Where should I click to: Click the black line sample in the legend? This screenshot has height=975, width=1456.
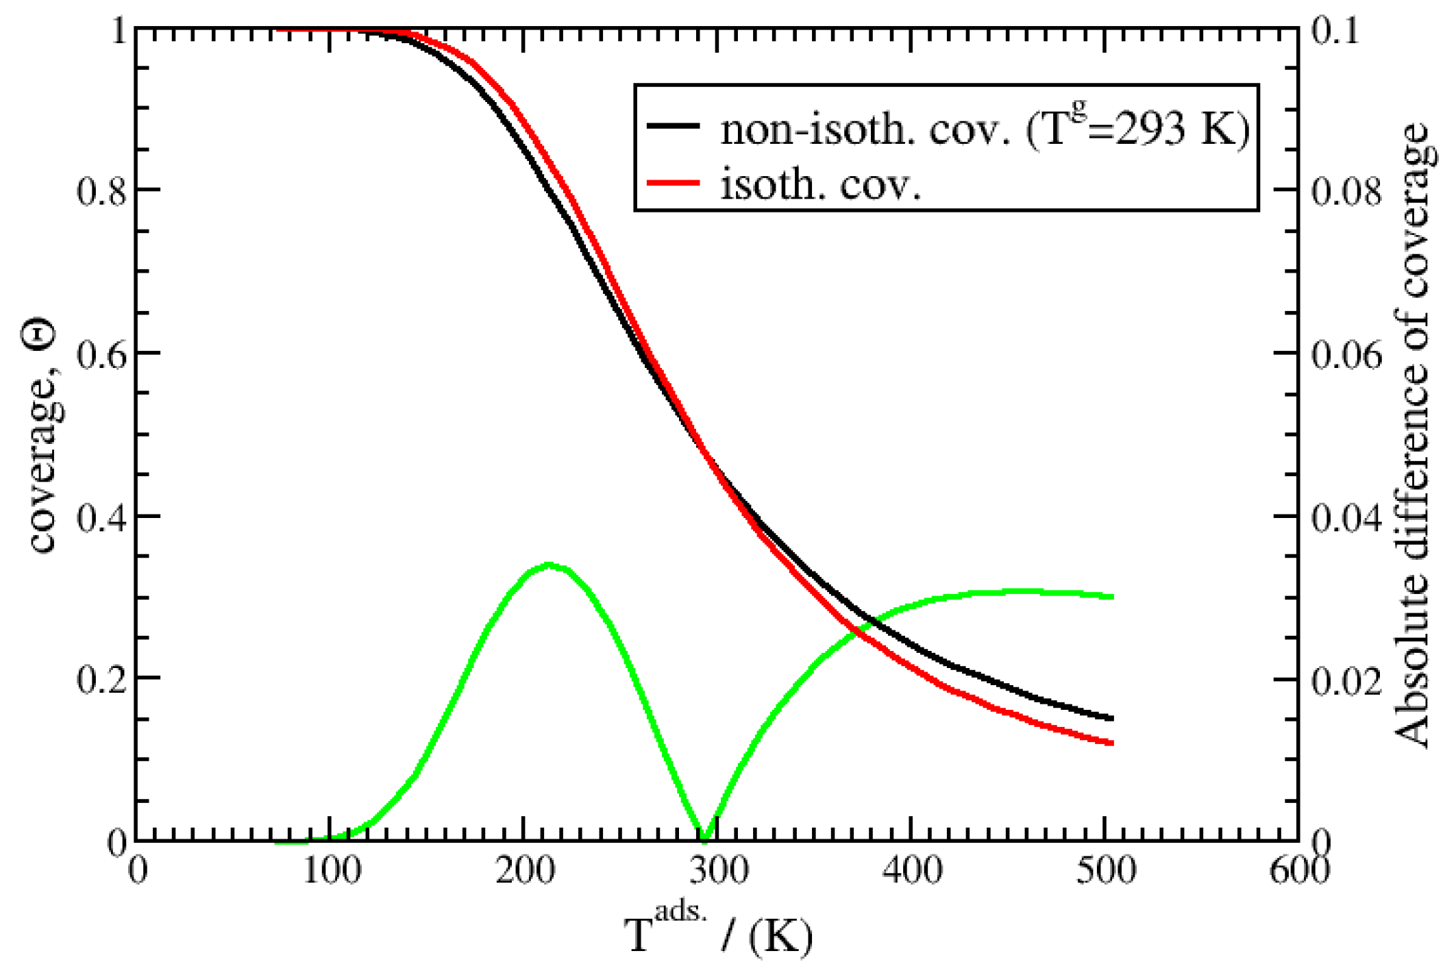tap(673, 126)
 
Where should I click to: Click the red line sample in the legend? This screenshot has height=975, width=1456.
tap(673, 182)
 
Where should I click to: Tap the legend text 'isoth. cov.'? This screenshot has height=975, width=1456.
tap(820, 184)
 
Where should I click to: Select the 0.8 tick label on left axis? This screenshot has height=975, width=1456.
tap(102, 191)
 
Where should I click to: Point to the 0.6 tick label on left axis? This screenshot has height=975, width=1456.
tap(102, 354)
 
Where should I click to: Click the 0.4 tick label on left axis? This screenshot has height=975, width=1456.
tap(102, 517)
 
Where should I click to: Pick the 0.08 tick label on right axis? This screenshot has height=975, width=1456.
tap(1346, 191)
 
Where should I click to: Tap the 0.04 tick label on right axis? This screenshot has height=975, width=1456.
tap(1346, 517)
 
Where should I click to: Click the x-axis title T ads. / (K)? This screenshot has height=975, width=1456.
tap(718, 932)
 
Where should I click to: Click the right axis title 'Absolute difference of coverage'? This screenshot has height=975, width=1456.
tap(1413, 436)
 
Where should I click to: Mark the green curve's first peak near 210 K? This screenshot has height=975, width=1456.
tap(549, 565)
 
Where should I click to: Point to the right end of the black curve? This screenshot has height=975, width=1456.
tap(1111, 719)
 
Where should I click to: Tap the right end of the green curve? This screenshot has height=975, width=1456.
tap(1111, 597)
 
